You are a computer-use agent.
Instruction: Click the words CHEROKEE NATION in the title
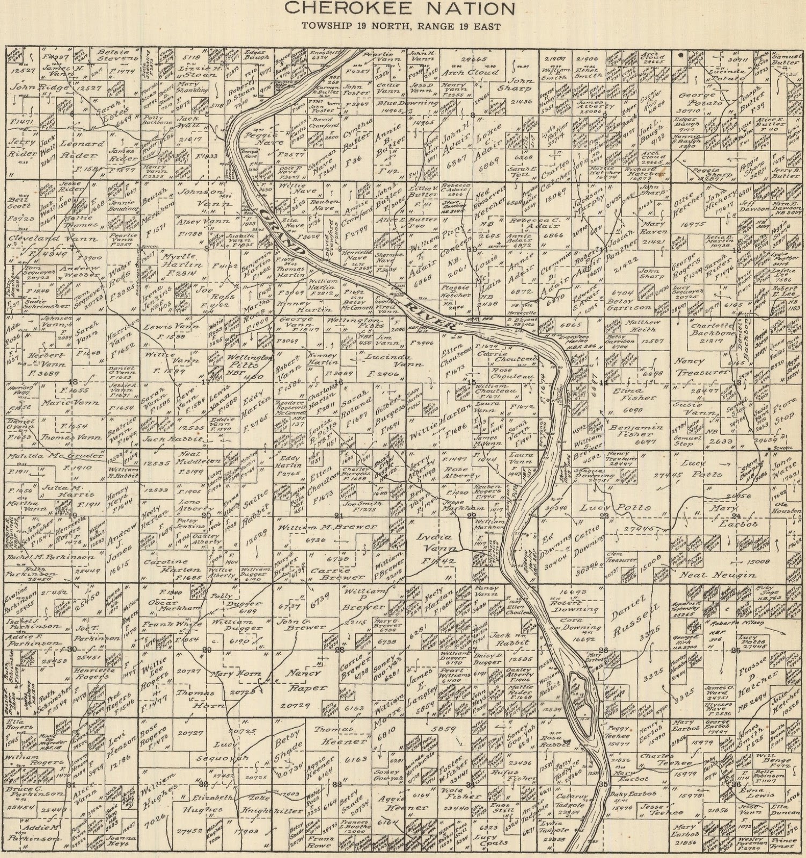click(399, 8)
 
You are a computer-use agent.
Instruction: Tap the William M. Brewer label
click(327, 527)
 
